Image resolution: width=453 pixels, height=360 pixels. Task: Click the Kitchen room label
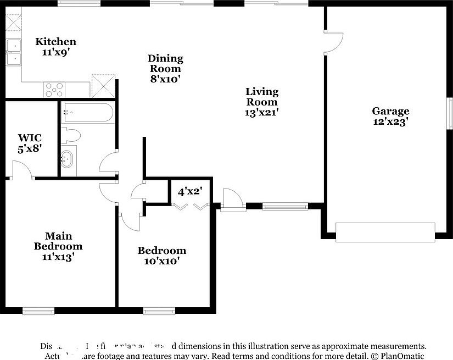[x=55, y=42]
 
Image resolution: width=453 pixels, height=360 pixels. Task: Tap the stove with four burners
[x=54, y=89]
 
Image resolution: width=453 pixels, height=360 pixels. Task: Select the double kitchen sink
[x=13, y=52]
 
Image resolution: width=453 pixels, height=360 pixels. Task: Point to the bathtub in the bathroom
[x=88, y=113]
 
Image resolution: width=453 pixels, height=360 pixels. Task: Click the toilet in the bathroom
[x=72, y=135]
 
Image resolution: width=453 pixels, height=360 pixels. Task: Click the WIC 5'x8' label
[x=30, y=142]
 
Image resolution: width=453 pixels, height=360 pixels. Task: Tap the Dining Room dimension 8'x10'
[x=165, y=79]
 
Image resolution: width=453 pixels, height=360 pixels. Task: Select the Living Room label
[x=262, y=97]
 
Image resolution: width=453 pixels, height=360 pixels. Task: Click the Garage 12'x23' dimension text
[x=390, y=123]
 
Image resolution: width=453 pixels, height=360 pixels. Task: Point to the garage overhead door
[x=385, y=232]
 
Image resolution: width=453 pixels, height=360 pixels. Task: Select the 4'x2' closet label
[x=187, y=192]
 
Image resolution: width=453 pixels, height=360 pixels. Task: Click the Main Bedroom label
[x=58, y=241]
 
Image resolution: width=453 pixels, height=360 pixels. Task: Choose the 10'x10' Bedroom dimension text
[x=161, y=261]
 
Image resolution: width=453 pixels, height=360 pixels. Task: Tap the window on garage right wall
[x=449, y=115]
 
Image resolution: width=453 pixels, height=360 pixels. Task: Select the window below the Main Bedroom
[x=38, y=311]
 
